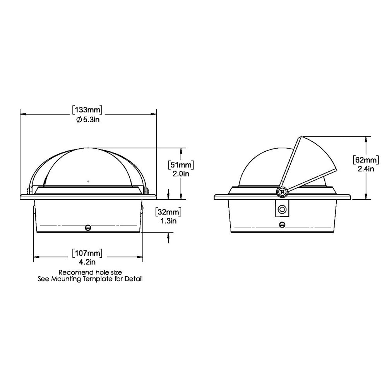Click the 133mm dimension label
(89, 110)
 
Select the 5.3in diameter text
(91, 120)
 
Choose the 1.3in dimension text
(168, 221)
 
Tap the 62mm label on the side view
(366, 159)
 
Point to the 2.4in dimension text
(366, 168)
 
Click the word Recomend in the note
(73, 272)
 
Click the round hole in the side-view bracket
(283, 209)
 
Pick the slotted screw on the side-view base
(283, 224)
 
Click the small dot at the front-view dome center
(88, 180)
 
